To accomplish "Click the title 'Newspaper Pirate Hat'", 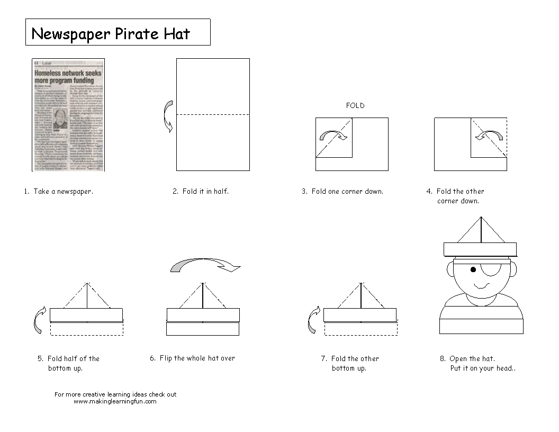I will point(111,33).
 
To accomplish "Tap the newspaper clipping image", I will point(68,115).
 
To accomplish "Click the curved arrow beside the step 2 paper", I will point(168,115).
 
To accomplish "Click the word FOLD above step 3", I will point(355,105).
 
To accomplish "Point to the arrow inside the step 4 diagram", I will point(489,137).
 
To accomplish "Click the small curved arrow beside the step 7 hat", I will point(314,320).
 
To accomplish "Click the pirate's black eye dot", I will point(473,270).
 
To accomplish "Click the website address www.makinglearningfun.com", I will point(115,401).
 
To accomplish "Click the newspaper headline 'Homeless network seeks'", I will point(68,73).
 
